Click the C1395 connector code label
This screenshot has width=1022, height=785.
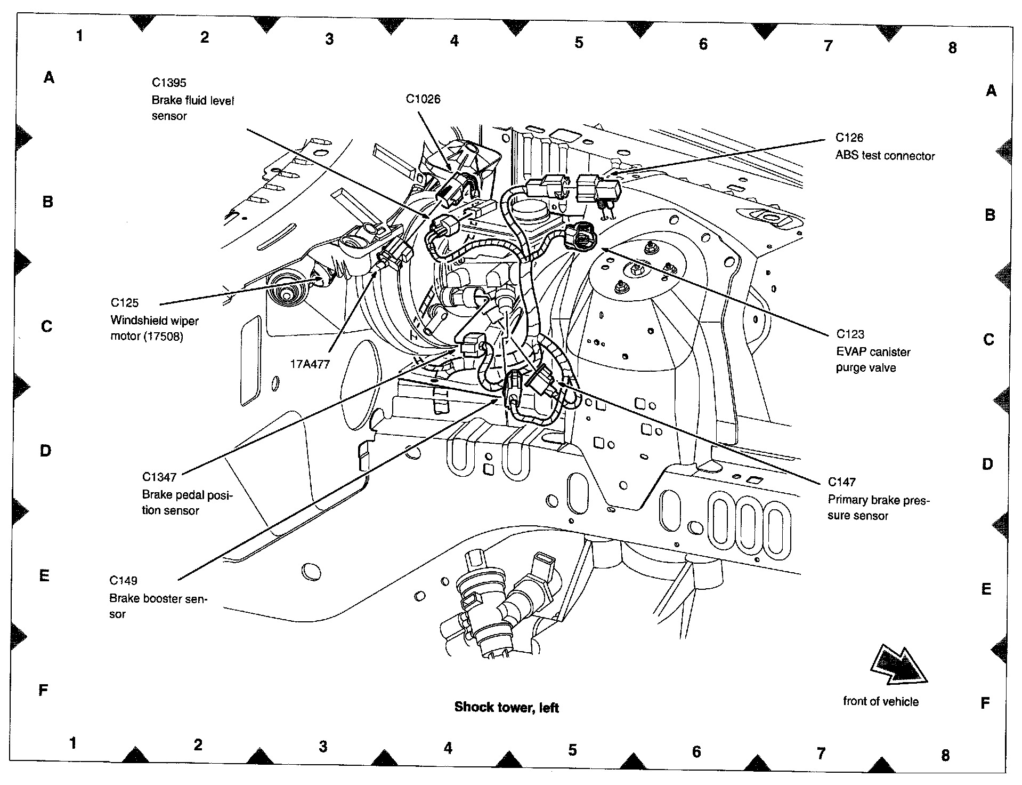tap(169, 83)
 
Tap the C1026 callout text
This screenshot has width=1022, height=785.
tap(423, 99)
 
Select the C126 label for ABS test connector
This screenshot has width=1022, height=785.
tap(849, 138)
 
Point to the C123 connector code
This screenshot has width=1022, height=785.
tap(850, 334)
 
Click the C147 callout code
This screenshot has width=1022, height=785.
tap(841, 482)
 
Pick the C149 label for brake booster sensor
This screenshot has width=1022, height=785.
tap(123, 580)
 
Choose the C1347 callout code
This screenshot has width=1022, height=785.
tap(159, 477)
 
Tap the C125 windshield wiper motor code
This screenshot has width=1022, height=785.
tap(125, 303)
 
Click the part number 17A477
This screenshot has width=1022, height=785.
tap(310, 364)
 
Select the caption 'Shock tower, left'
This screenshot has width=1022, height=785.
tap(506, 708)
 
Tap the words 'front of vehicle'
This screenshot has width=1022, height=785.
tap(881, 701)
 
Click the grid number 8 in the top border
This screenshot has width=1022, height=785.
tap(953, 48)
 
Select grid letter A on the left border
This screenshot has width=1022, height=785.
tap(49, 78)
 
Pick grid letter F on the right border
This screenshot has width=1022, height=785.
tap(985, 703)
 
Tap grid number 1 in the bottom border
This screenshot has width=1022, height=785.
tap(73, 743)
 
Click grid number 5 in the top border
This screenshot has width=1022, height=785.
tap(579, 43)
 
